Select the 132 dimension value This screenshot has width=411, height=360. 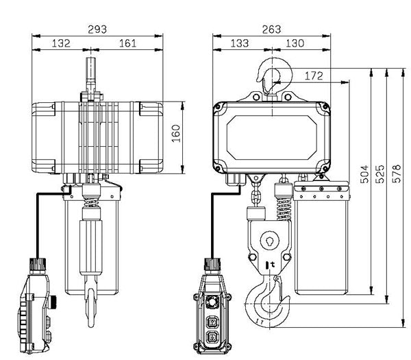click(x=62, y=43)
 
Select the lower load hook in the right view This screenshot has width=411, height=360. click(x=268, y=302)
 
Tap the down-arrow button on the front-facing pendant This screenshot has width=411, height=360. click(x=212, y=337)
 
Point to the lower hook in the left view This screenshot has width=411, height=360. click(x=91, y=302)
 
